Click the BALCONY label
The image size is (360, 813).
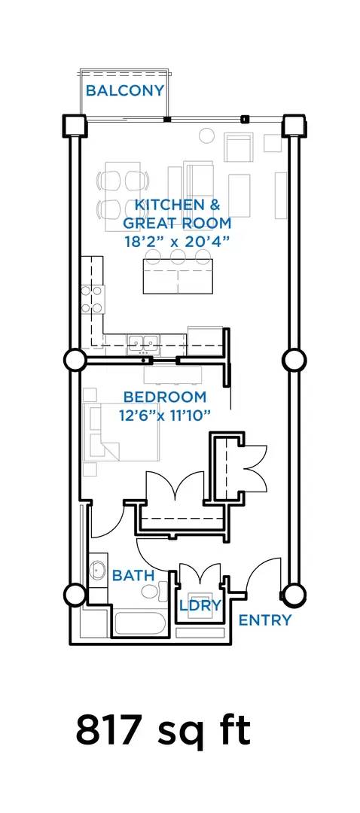(124, 91)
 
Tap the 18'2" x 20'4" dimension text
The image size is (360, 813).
(177, 242)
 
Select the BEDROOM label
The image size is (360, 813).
(165, 397)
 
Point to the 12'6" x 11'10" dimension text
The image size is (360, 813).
(165, 415)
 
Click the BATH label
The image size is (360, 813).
(133, 575)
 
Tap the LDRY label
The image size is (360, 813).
(201, 605)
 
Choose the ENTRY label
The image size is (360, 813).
(264, 620)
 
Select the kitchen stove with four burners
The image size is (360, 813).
(92, 299)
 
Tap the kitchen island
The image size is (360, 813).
(178, 276)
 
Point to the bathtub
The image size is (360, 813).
(140, 623)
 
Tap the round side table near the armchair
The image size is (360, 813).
(206, 135)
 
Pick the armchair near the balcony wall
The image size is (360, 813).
(238, 148)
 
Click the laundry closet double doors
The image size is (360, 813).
(200, 571)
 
